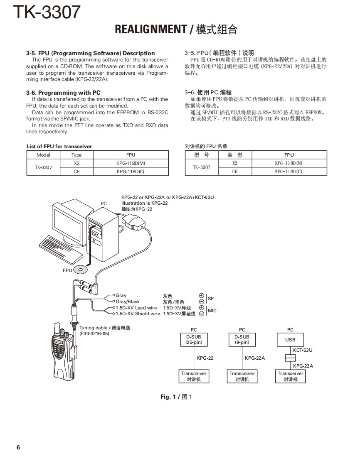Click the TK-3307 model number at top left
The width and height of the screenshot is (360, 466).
pyautogui.click(x=47, y=12)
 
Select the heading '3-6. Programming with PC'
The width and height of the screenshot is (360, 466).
pyautogui.click(x=63, y=93)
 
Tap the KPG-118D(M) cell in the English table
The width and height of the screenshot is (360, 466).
pyautogui.click(x=131, y=163)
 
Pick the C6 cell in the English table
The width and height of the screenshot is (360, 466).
pyautogui.click(x=76, y=171)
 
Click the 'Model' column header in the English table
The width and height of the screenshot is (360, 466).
pyautogui.click(x=43, y=155)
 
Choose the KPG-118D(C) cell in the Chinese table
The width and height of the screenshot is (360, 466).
pyautogui.click(x=288, y=171)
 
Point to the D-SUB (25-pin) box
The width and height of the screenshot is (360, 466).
pyautogui.click(x=194, y=339)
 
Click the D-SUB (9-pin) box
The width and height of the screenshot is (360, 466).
pyautogui.click(x=242, y=339)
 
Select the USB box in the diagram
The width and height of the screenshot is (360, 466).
pyautogui.click(x=290, y=339)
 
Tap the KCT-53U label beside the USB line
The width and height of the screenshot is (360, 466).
pyautogui.click(x=303, y=350)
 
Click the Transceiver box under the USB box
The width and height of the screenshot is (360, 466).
pyautogui.click(x=290, y=376)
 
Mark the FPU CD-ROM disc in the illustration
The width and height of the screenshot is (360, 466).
pyautogui.click(x=81, y=270)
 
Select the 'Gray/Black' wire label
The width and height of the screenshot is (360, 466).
pyautogui.click(x=128, y=302)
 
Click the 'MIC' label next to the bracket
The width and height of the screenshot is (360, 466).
pyautogui.click(x=212, y=311)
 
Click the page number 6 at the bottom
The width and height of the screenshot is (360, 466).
pyautogui.click(x=18, y=447)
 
